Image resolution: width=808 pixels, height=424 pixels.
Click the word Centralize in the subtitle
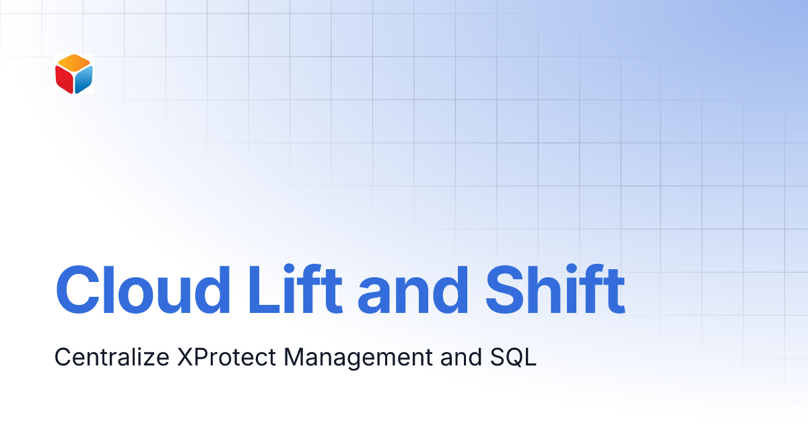tap(112, 357)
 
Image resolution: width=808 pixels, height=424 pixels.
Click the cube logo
tap(74, 74)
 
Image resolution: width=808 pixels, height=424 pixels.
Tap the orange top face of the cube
tap(74, 63)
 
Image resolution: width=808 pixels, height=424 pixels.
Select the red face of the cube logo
tap(65, 80)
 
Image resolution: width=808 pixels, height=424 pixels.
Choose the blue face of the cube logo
tap(83, 80)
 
